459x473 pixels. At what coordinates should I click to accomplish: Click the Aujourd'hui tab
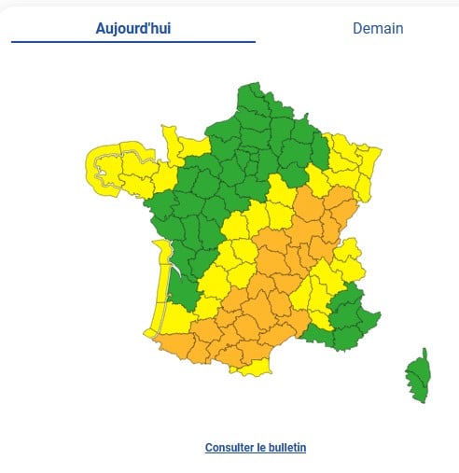click(x=132, y=28)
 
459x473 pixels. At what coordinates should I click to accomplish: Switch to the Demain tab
click(x=378, y=28)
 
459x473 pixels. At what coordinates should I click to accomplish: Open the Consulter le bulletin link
click(x=255, y=448)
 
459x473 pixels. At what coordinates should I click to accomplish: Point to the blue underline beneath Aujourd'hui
click(x=132, y=42)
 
